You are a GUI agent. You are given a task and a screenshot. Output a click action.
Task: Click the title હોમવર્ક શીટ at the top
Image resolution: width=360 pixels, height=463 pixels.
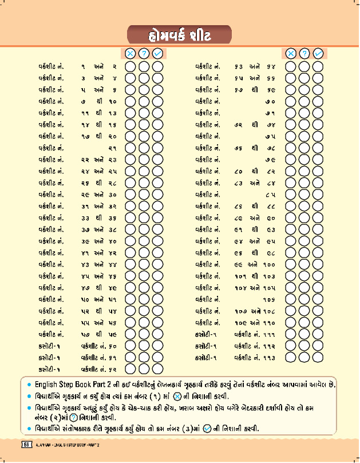click(179, 35)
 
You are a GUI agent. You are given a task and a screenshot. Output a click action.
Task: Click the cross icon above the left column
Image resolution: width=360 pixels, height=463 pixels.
click(130, 53)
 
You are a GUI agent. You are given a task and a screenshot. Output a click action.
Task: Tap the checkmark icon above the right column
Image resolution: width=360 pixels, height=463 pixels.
click(319, 53)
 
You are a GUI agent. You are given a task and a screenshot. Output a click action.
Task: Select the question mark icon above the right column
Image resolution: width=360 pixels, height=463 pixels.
click(304, 53)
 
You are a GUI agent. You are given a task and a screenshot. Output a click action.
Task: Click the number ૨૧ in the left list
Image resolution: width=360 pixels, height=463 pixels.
click(113, 148)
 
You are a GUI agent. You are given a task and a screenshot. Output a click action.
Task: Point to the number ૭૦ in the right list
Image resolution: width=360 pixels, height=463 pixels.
click(271, 101)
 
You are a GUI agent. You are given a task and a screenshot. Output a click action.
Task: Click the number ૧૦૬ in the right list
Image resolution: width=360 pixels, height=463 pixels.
click(269, 299)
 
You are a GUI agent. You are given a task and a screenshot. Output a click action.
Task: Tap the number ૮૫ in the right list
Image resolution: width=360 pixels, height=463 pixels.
click(271, 194)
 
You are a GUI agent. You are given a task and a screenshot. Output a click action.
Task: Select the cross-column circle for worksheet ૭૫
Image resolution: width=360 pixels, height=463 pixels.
click(291, 136)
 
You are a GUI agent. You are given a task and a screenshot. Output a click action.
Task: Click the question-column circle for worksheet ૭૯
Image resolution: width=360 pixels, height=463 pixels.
click(304, 159)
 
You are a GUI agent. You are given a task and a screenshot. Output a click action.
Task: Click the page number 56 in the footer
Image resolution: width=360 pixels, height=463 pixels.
click(26, 445)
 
